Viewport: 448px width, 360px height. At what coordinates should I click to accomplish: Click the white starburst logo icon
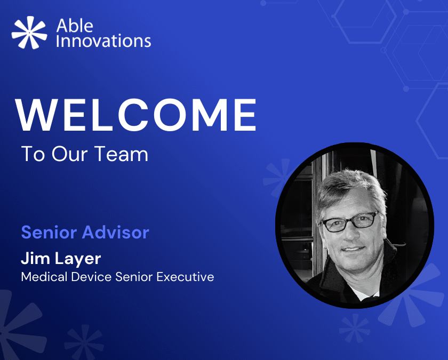click(29, 33)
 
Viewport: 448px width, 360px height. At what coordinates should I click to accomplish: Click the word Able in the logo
click(75, 26)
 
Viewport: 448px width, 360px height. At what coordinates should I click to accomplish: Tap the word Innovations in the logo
click(103, 41)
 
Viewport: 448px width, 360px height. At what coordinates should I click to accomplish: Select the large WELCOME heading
click(136, 115)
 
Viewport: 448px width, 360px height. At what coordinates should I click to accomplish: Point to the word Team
click(121, 154)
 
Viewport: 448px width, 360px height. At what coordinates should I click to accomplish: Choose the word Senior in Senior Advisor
click(49, 232)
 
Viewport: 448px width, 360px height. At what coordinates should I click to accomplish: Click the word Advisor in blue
click(115, 232)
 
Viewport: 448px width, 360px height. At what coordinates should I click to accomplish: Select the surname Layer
click(77, 259)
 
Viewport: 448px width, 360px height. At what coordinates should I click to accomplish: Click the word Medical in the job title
click(44, 277)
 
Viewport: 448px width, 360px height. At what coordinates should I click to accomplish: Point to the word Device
click(91, 277)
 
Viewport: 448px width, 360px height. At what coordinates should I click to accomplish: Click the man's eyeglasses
click(350, 221)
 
